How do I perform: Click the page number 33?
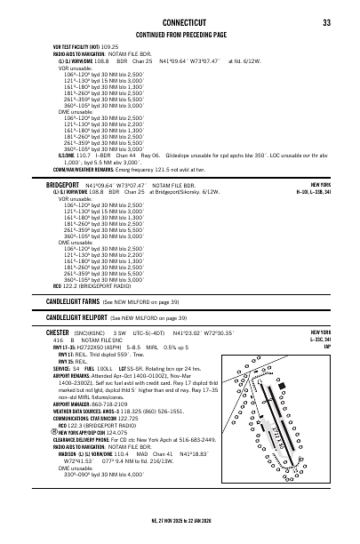pyautogui.click(x=326, y=22)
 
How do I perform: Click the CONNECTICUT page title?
pyautogui.click(x=180, y=22)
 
